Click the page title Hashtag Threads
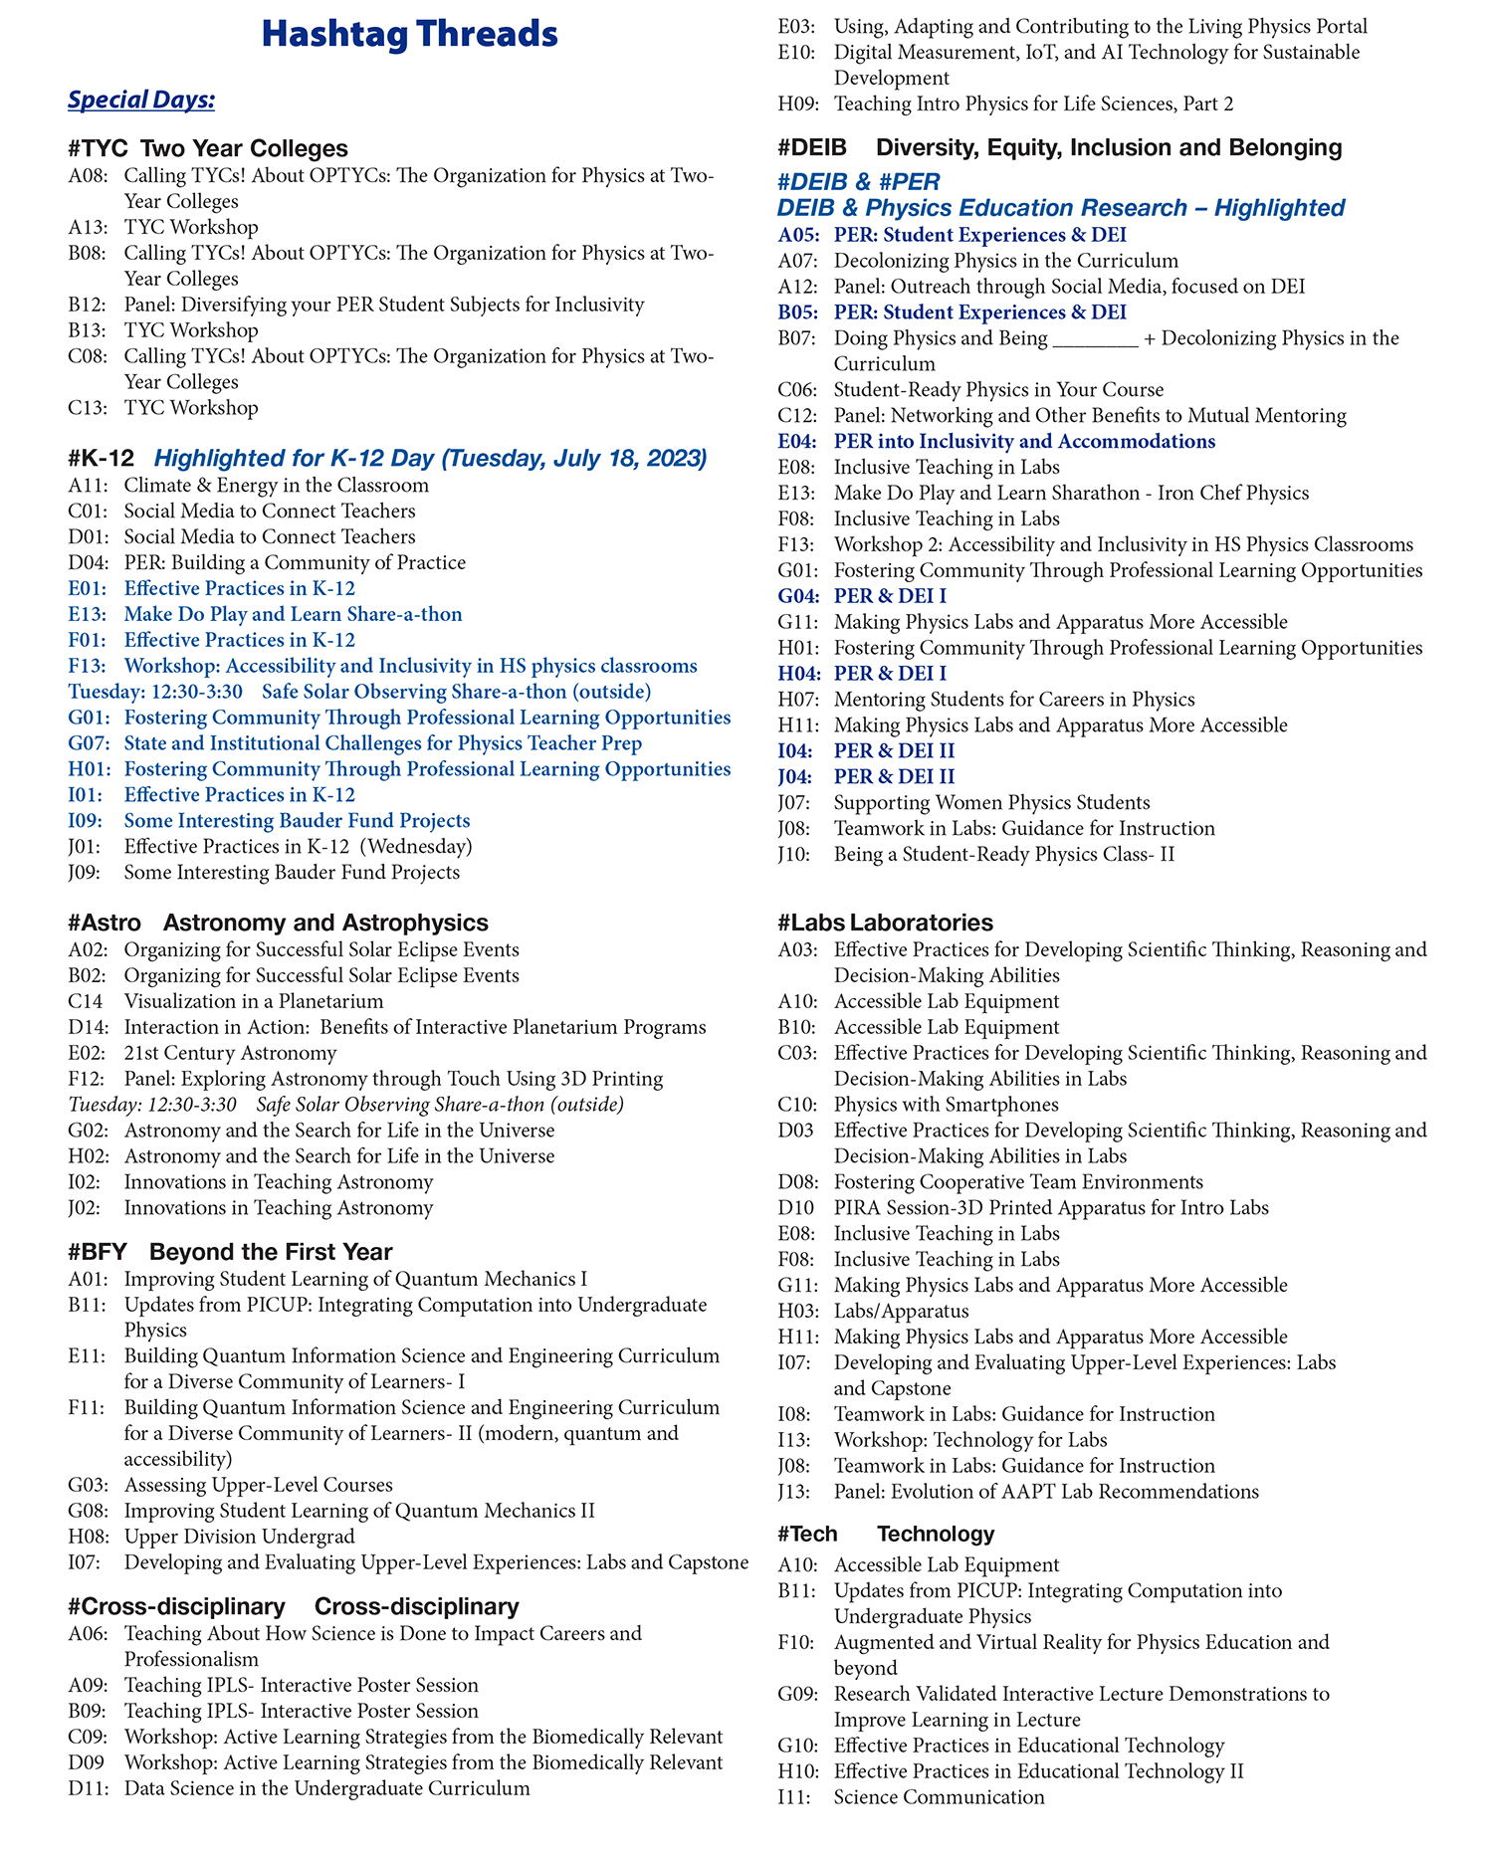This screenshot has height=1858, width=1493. pos(409,35)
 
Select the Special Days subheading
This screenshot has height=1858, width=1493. pos(141,101)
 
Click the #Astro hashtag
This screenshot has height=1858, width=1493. pos(105,923)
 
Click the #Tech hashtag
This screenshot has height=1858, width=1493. pos(807,1534)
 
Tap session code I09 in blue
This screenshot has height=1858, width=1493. pos(87,821)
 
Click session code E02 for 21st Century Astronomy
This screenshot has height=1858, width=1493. pos(88,1053)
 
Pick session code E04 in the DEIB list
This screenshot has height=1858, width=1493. pos(798,442)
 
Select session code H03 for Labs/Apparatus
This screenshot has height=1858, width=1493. pos(798,1312)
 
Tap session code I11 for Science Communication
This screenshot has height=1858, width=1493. pos(796,1797)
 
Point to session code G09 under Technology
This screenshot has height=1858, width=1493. pos(798,1694)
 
